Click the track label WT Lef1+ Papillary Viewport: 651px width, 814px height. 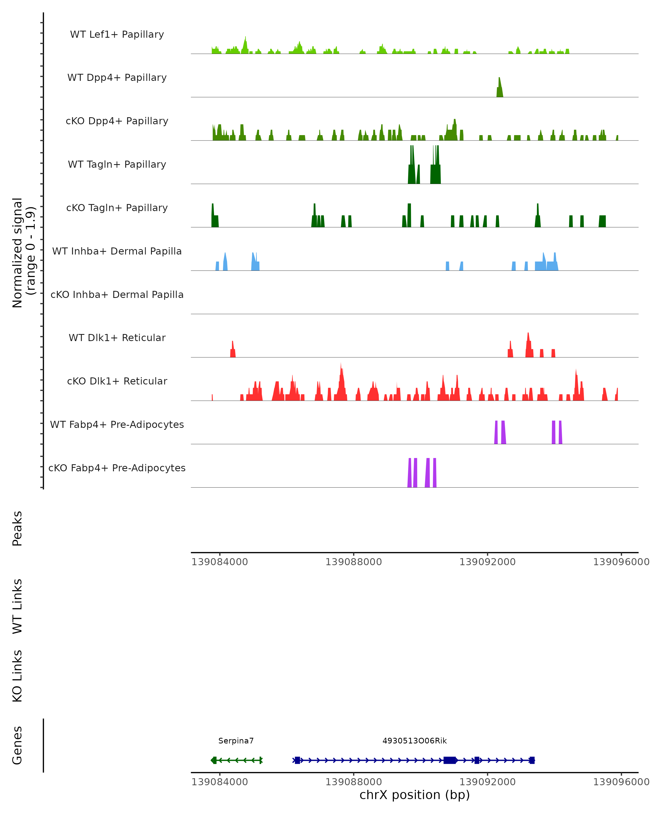[x=117, y=34]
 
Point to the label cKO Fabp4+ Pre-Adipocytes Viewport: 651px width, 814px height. [x=117, y=468]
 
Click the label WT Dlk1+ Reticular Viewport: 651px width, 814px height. [x=117, y=338]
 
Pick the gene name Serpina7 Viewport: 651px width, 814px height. [x=236, y=741]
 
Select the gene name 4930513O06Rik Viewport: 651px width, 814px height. [x=414, y=741]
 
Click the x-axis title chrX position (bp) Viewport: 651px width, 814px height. [x=414, y=795]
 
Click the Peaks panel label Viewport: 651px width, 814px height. [x=17, y=528]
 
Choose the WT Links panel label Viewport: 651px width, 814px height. [x=17, y=606]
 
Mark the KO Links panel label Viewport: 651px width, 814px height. [x=17, y=676]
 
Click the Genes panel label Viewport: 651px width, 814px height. [x=17, y=745]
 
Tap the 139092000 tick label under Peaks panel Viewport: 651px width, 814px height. [x=487, y=562]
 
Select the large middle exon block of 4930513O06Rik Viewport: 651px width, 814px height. [x=449, y=760]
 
